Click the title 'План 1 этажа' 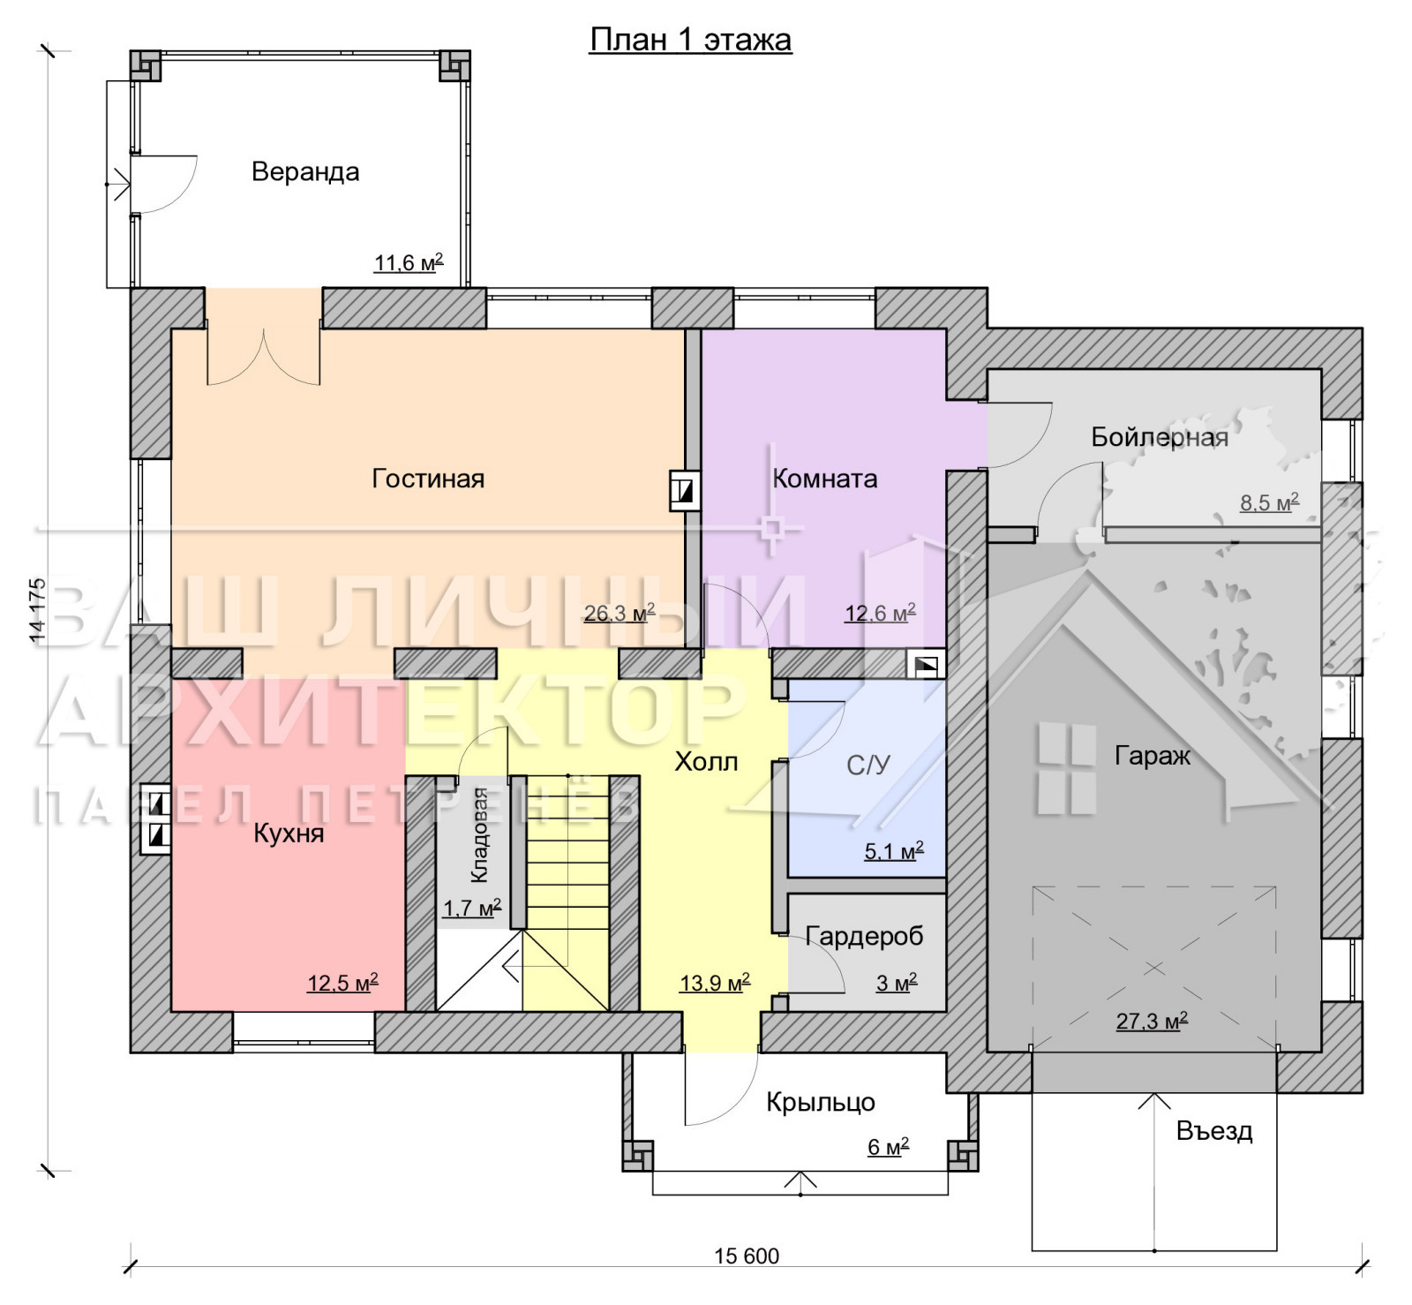pyautogui.click(x=690, y=40)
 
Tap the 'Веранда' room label pyautogui.click(x=305, y=171)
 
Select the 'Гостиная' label pyautogui.click(x=428, y=479)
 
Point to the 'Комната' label pyautogui.click(x=825, y=479)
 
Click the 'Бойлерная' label pyautogui.click(x=1160, y=437)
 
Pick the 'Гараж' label pyautogui.click(x=1153, y=756)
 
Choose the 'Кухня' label pyautogui.click(x=289, y=834)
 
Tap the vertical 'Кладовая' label pyautogui.click(x=479, y=835)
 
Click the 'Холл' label pyautogui.click(x=706, y=761)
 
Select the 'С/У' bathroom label pyautogui.click(x=868, y=765)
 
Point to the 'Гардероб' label pyautogui.click(x=864, y=936)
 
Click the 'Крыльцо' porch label pyautogui.click(x=821, y=1102)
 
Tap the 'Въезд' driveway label pyautogui.click(x=1214, y=1131)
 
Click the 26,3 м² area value pyautogui.click(x=620, y=612)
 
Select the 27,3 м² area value pyautogui.click(x=1152, y=1021)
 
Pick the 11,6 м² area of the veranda pyautogui.click(x=409, y=262)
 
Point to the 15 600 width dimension pyautogui.click(x=747, y=1256)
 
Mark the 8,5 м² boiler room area pyautogui.click(x=1270, y=502)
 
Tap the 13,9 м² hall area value pyautogui.click(x=715, y=982)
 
